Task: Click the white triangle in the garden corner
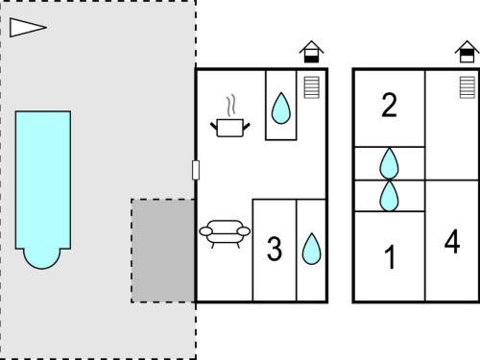[x=26, y=28]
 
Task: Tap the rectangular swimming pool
[x=43, y=180]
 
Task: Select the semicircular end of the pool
[x=42, y=258]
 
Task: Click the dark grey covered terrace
[x=163, y=251]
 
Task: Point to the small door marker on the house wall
[x=196, y=170]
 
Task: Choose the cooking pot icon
[x=230, y=128]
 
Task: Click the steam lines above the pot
[x=231, y=106]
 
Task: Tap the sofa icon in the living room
[x=225, y=233]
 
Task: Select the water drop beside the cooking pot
[x=281, y=108]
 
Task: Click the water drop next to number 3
[x=311, y=249]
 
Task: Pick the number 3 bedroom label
[x=275, y=249]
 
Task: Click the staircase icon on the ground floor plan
[x=311, y=87]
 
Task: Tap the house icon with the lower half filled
[x=311, y=52]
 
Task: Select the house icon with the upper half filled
[x=467, y=52]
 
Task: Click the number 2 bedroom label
[x=389, y=106]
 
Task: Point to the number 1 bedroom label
[x=390, y=257]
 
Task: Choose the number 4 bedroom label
[x=452, y=241]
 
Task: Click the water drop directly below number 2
[x=389, y=163]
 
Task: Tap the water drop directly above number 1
[x=389, y=196]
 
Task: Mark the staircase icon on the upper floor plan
[x=467, y=87]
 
